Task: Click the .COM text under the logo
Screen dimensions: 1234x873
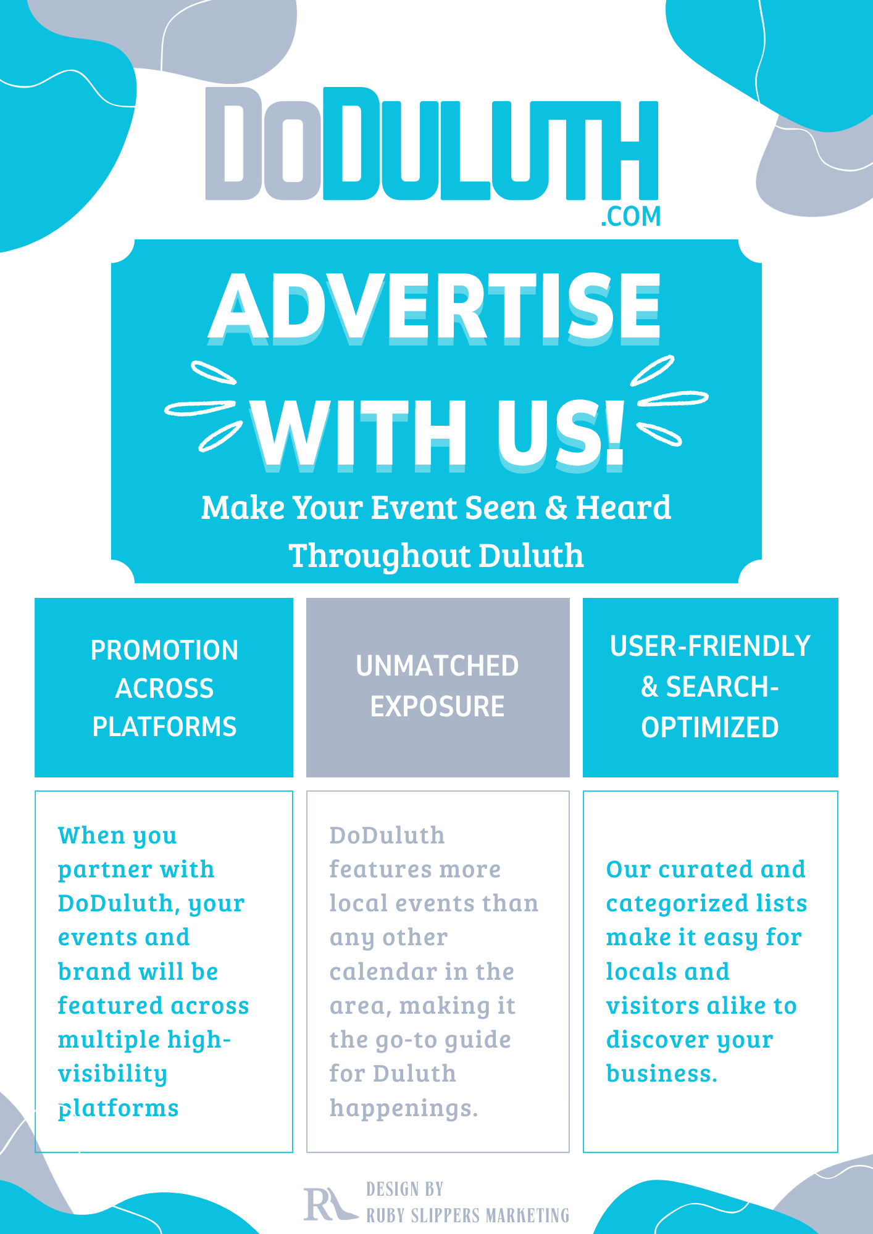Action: tap(630, 217)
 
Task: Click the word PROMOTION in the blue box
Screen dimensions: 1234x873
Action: tap(164, 650)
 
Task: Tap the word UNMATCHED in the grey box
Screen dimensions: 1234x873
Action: tap(437, 666)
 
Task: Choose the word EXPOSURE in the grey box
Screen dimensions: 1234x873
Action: tap(437, 706)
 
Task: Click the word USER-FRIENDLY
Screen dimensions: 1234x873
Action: tap(710, 647)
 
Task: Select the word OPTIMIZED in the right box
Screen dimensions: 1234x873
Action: tap(710, 728)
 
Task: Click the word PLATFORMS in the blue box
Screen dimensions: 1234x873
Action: tap(164, 727)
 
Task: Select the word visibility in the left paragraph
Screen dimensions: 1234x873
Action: tap(112, 1074)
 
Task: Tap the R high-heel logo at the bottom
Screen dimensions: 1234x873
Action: tap(327, 1204)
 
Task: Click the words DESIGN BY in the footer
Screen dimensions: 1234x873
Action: tap(405, 1190)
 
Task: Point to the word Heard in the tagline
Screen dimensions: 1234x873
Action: tap(623, 508)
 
